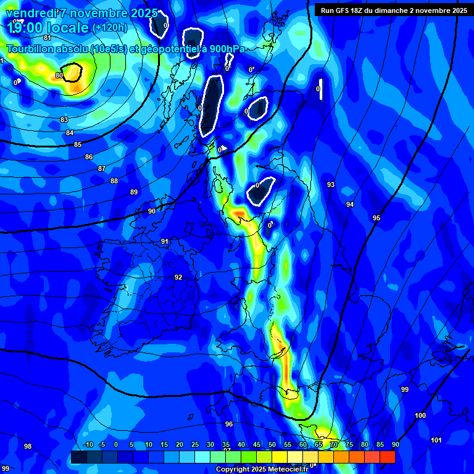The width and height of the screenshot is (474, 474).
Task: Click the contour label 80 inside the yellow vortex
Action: tap(59, 76)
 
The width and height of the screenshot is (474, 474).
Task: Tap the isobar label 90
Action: tap(152, 212)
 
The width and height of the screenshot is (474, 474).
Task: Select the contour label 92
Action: tap(178, 278)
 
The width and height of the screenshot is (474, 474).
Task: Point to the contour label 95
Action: tap(376, 218)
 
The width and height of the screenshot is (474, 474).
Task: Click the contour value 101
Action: tap(436, 440)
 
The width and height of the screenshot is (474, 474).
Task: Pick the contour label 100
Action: tap(420, 416)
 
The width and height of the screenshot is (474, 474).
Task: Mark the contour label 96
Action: tap(229, 424)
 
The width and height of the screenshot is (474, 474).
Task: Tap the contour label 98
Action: tap(28, 446)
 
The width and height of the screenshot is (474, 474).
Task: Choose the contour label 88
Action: tap(114, 181)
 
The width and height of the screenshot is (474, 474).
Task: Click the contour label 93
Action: tap(331, 185)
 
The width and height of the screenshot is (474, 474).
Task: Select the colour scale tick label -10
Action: tap(88, 445)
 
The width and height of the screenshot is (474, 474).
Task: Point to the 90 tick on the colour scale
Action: tap(395, 445)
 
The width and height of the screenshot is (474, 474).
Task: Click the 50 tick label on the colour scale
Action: tap(272, 445)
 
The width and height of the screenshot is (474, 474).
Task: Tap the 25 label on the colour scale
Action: tap(195, 445)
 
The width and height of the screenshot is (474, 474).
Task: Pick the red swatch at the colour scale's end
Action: tap(388, 457)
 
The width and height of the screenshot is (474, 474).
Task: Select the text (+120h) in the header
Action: tap(109, 28)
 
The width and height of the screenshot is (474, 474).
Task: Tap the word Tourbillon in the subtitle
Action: tap(30, 49)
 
